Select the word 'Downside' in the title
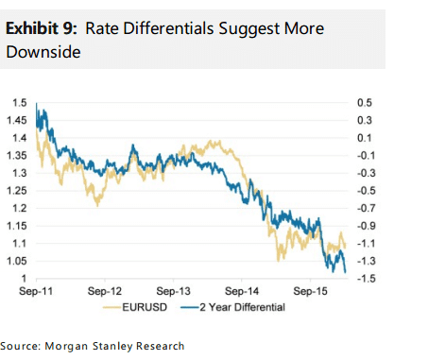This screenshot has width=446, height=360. click(43, 53)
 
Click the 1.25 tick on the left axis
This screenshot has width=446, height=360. click(18, 191)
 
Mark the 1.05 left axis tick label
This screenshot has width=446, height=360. click(18, 261)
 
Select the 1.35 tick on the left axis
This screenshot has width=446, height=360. click(18, 155)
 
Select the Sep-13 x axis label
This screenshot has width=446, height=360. click(174, 291)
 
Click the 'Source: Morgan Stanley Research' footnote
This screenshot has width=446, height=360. click(93, 346)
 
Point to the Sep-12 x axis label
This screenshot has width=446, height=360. click(105, 291)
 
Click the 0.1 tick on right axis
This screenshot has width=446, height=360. click(365, 137)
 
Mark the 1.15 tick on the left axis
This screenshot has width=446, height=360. click(18, 226)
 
